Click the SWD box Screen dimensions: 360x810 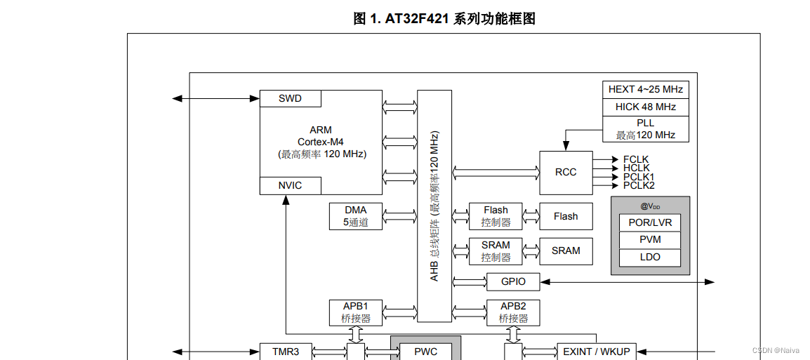coord(290,98)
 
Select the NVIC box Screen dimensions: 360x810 coord(290,186)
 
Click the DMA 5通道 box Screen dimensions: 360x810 coord(355,216)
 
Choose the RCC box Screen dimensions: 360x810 coord(565,172)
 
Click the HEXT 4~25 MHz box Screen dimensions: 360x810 coord(645,90)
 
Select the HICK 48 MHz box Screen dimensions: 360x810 coord(645,107)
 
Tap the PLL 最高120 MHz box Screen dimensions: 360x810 coord(645,129)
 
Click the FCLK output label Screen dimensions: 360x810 coord(636,159)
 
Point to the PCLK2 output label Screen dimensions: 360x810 coord(638,185)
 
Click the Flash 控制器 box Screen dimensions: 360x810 coord(496,216)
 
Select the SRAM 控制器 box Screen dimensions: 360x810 coord(496,251)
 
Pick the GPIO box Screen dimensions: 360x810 coord(513,281)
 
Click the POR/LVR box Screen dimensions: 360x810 coord(650,222)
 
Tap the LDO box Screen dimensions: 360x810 coord(650,257)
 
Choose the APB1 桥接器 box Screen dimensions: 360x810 coord(355,312)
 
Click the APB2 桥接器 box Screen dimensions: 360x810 coord(513,312)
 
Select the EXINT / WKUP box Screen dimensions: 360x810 coord(596,352)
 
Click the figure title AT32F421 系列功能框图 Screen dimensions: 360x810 coord(444,19)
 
